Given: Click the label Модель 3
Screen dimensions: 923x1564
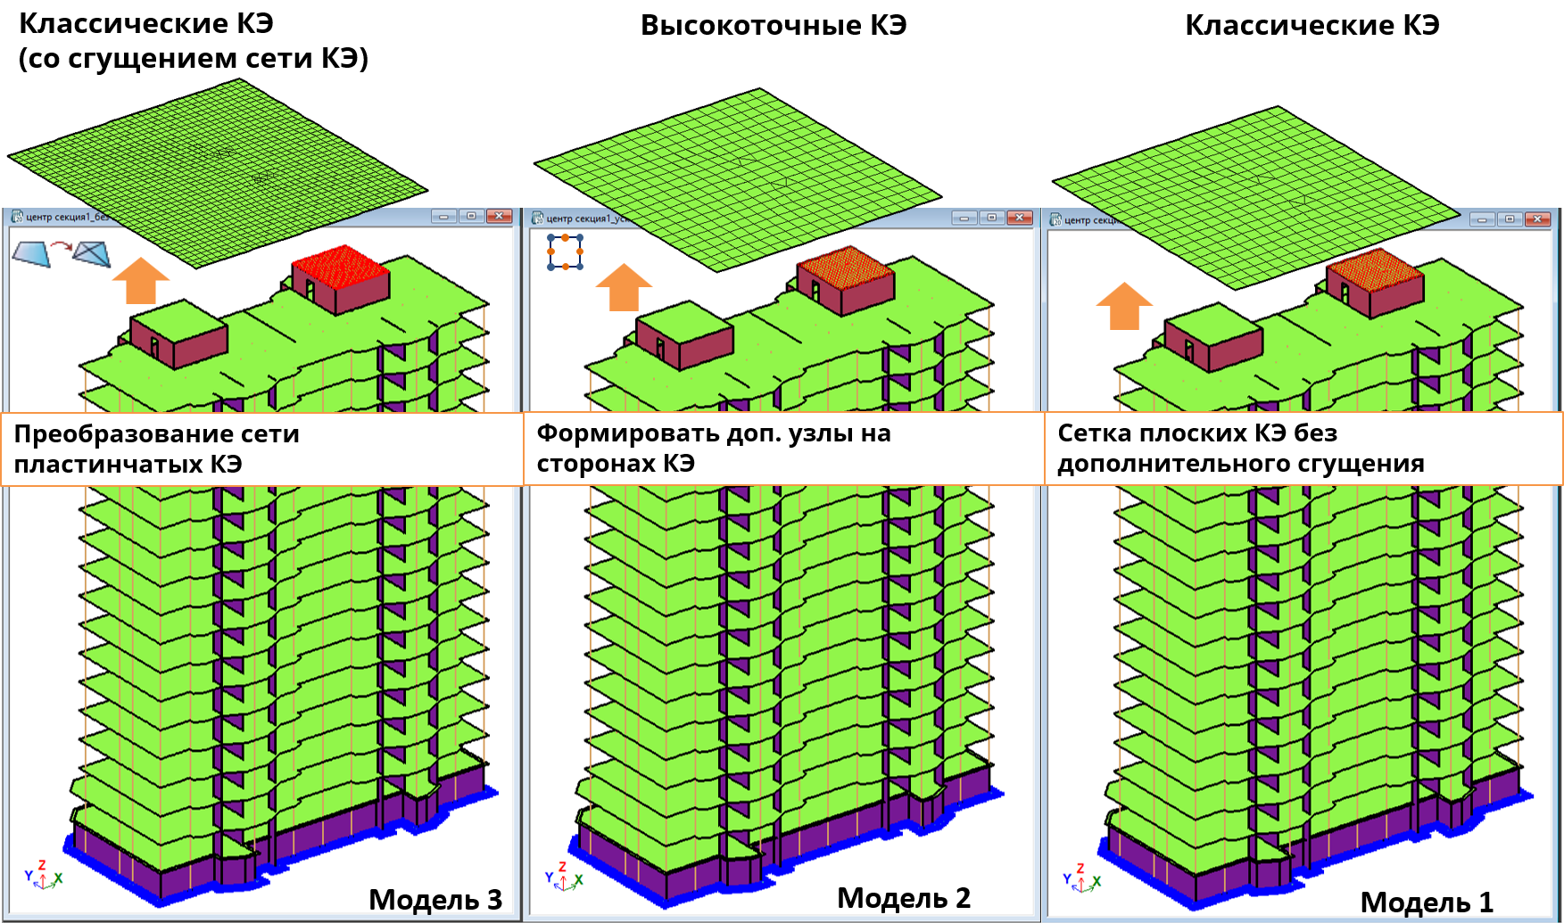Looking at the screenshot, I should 435,900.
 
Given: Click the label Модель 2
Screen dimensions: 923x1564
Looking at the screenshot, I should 903,898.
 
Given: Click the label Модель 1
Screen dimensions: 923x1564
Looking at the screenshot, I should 1426,902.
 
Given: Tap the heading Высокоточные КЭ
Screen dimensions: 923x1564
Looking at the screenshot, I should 774,25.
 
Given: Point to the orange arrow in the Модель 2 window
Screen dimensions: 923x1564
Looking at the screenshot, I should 624,287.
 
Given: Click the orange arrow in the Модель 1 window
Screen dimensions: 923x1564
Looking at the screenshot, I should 1124,306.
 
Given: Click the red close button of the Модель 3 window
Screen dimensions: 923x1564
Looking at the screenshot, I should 499,216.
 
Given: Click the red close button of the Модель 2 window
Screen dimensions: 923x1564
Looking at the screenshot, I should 1019,218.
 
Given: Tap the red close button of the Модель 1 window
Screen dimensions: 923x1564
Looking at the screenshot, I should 1537,218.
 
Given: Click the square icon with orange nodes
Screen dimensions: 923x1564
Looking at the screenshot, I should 565,251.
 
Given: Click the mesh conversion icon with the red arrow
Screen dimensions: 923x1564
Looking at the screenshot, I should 61,253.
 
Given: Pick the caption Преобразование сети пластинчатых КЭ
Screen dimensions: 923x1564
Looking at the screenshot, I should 156,449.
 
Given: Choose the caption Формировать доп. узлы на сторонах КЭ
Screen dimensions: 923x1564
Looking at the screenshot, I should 713,448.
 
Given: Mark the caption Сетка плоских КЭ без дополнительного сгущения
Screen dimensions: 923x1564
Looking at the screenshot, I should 1240,448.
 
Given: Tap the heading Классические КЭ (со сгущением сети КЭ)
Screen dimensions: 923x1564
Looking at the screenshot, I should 193,41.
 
